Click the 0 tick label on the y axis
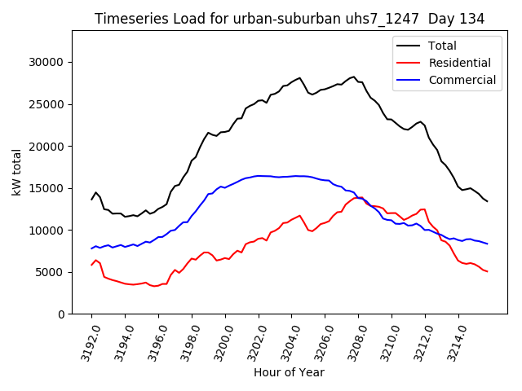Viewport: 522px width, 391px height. click(x=61, y=314)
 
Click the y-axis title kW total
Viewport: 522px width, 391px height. click(x=16, y=172)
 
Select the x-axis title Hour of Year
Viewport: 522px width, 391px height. click(x=289, y=372)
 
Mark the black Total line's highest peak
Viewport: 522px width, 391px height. click(x=352, y=77)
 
